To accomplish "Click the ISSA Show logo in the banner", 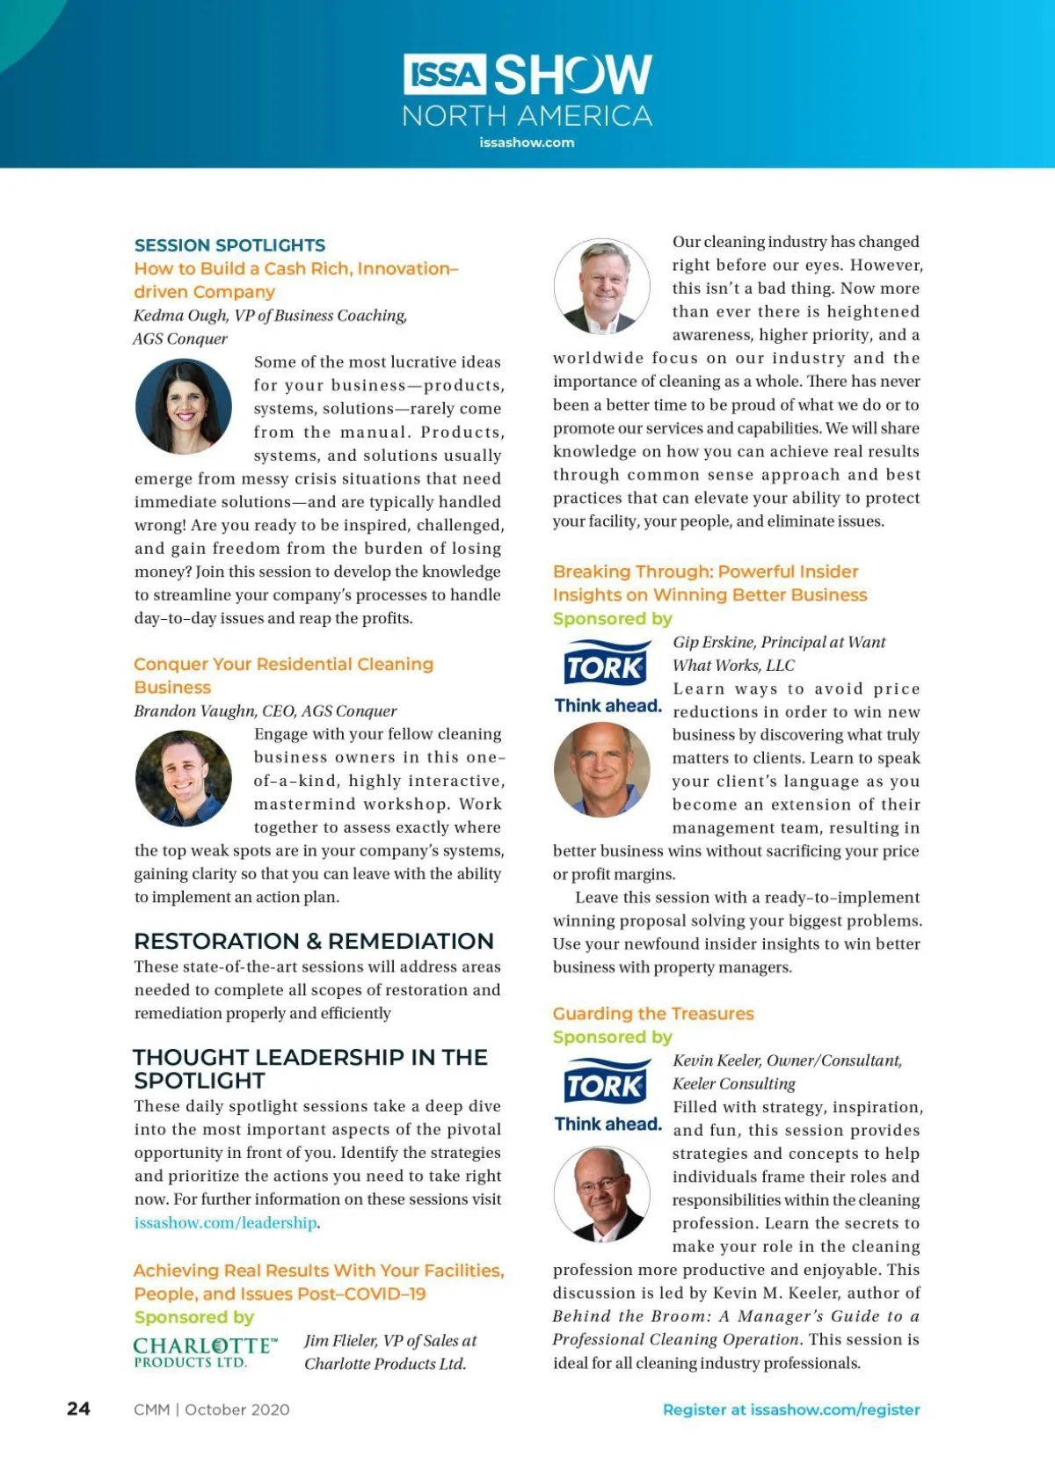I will click(527, 76).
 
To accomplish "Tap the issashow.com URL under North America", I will click(527, 142).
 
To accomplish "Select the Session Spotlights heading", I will click(229, 245).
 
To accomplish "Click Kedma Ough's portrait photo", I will click(184, 407).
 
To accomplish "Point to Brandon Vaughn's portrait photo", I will click(184, 778).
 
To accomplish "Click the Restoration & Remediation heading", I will click(314, 941).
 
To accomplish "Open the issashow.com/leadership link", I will click(226, 1222).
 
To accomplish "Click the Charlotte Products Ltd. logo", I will click(205, 1352).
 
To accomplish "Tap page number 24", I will click(78, 1409).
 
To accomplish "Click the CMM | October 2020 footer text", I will click(212, 1410).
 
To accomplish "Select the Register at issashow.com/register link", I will click(791, 1410).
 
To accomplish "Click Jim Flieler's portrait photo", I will click(602, 286).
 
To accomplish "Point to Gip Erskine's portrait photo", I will click(602, 769).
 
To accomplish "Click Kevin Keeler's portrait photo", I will click(602, 1193).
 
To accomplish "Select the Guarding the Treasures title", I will click(653, 1014).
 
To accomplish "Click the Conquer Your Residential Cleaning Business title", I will click(283, 675).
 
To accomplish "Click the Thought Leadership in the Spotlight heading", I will click(309, 1068).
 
